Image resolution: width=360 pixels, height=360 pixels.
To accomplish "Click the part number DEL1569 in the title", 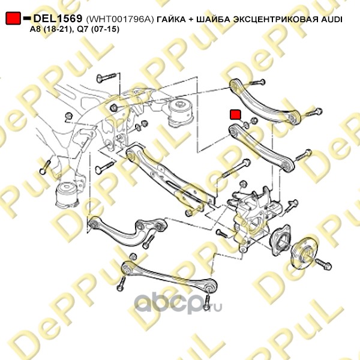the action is (58, 19).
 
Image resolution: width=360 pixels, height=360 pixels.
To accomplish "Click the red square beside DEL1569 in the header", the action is (13, 18).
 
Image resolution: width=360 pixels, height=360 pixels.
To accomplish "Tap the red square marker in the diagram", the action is (235, 115).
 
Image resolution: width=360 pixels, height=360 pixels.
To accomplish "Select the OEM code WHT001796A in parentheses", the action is (119, 19).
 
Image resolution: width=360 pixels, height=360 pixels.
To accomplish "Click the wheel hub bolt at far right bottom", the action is (323, 264).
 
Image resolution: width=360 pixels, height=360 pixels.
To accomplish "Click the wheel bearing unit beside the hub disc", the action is (280, 240).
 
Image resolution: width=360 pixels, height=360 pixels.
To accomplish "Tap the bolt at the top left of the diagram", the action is (107, 77).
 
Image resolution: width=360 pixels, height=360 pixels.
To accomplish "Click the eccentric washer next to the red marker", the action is (246, 125).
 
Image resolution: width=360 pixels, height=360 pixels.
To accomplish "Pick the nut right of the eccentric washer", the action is (253, 121).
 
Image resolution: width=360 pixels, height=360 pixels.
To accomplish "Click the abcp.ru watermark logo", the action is (178, 304).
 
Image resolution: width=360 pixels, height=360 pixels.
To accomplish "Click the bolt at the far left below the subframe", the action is (45, 167).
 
